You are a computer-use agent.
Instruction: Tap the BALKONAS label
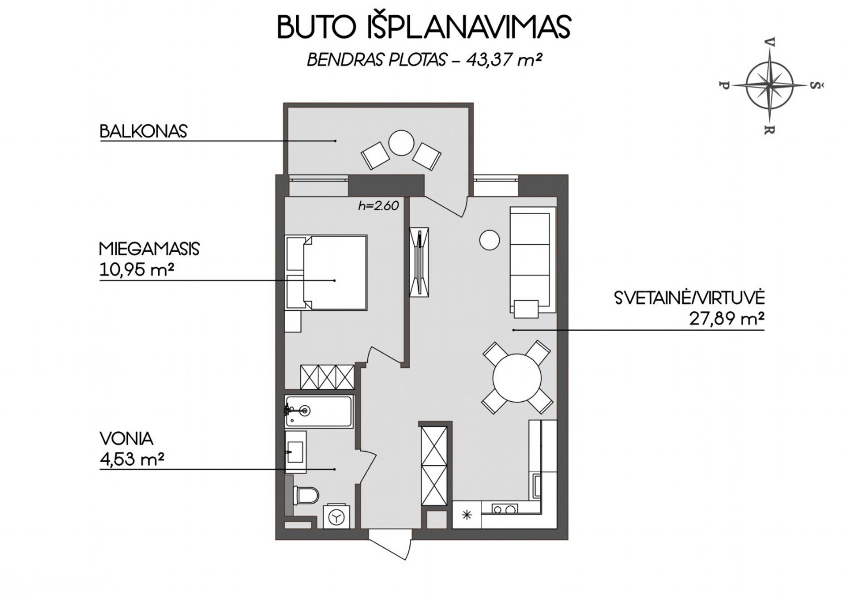point(143,131)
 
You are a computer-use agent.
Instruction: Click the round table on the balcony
point(401,143)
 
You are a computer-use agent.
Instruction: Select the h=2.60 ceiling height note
point(378,206)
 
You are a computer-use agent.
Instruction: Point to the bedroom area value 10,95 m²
point(136,270)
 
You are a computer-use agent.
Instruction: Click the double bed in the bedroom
point(335,273)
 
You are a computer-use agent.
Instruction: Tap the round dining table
point(517,378)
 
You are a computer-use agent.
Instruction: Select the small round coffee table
point(489,240)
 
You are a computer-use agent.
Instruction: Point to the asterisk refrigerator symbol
point(467,515)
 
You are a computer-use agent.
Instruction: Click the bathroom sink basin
point(295,452)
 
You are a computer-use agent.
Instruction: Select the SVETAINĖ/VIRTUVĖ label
point(689,298)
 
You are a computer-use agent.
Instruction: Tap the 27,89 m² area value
point(726,319)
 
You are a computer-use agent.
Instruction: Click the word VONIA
point(126,439)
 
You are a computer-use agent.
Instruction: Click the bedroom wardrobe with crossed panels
point(327,377)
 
